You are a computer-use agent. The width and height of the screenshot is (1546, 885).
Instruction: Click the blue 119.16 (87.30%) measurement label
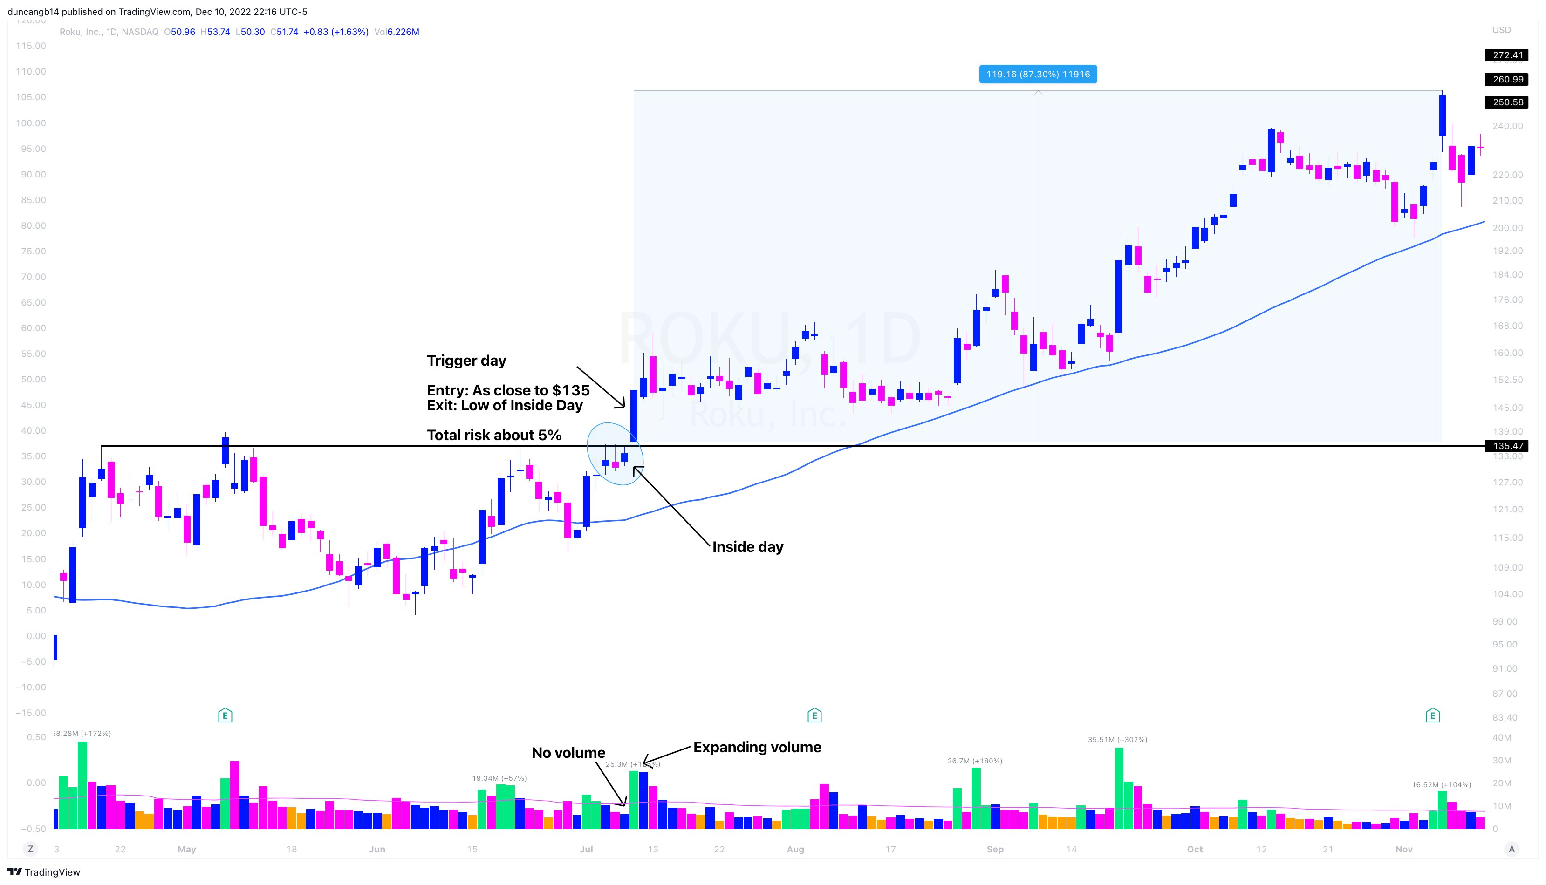(x=1038, y=74)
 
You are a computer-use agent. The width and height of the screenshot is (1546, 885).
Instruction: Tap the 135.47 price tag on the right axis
(x=1508, y=446)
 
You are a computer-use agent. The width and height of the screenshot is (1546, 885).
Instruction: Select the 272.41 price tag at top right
(x=1508, y=55)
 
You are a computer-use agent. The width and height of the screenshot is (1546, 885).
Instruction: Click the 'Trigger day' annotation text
(x=466, y=361)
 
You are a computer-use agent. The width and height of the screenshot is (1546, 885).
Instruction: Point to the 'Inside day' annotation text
(x=747, y=547)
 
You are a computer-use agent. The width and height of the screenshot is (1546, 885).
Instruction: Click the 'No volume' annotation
(x=568, y=753)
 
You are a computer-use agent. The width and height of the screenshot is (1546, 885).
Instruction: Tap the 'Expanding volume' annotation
(x=757, y=747)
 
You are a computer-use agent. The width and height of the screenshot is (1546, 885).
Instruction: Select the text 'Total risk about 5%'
(x=493, y=435)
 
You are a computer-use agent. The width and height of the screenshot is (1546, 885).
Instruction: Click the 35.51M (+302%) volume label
(x=1117, y=740)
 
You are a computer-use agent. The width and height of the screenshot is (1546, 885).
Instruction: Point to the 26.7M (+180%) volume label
(x=975, y=761)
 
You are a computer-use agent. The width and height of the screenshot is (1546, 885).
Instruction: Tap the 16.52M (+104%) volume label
(x=1441, y=785)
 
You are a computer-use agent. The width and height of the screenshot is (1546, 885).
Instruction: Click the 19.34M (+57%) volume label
(x=499, y=778)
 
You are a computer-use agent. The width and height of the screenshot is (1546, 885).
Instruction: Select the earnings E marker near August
(x=814, y=715)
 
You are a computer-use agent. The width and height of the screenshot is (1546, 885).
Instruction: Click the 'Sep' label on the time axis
(x=995, y=849)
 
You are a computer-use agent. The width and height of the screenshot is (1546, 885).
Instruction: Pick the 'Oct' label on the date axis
(x=1195, y=849)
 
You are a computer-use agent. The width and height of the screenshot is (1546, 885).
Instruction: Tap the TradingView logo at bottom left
(x=44, y=872)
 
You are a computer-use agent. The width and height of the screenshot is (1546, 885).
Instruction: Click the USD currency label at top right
(x=1501, y=30)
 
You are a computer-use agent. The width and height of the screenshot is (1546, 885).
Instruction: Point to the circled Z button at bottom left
(x=30, y=849)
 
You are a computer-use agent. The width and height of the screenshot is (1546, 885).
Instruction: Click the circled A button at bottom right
(x=1512, y=849)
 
